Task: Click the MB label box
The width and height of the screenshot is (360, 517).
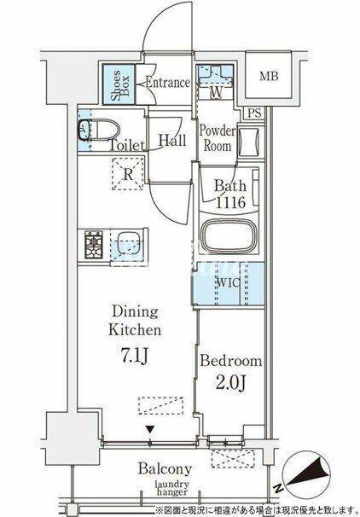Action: pos(269,76)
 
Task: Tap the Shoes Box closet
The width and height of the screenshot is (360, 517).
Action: pos(119,84)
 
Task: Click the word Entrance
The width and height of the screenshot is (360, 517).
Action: pos(167,83)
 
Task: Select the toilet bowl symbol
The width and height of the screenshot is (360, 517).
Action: pos(98,131)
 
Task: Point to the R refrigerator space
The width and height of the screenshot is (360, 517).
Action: pos(128,174)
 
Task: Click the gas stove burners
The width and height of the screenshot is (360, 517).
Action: pos(94,244)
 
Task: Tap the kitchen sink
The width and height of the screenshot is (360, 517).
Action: pos(126,244)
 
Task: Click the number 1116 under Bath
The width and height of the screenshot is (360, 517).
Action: pos(231,202)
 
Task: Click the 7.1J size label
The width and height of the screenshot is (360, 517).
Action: pos(135,356)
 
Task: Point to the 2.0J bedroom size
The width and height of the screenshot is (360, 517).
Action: pos(231,382)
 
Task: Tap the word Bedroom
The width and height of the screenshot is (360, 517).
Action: pos(231,361)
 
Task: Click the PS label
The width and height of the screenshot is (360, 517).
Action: pos(254,113)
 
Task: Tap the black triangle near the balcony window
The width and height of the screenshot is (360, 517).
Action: pos(150,429)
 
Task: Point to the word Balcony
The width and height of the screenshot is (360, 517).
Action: pos(165,469)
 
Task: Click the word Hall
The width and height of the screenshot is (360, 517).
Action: pos(172,141)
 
